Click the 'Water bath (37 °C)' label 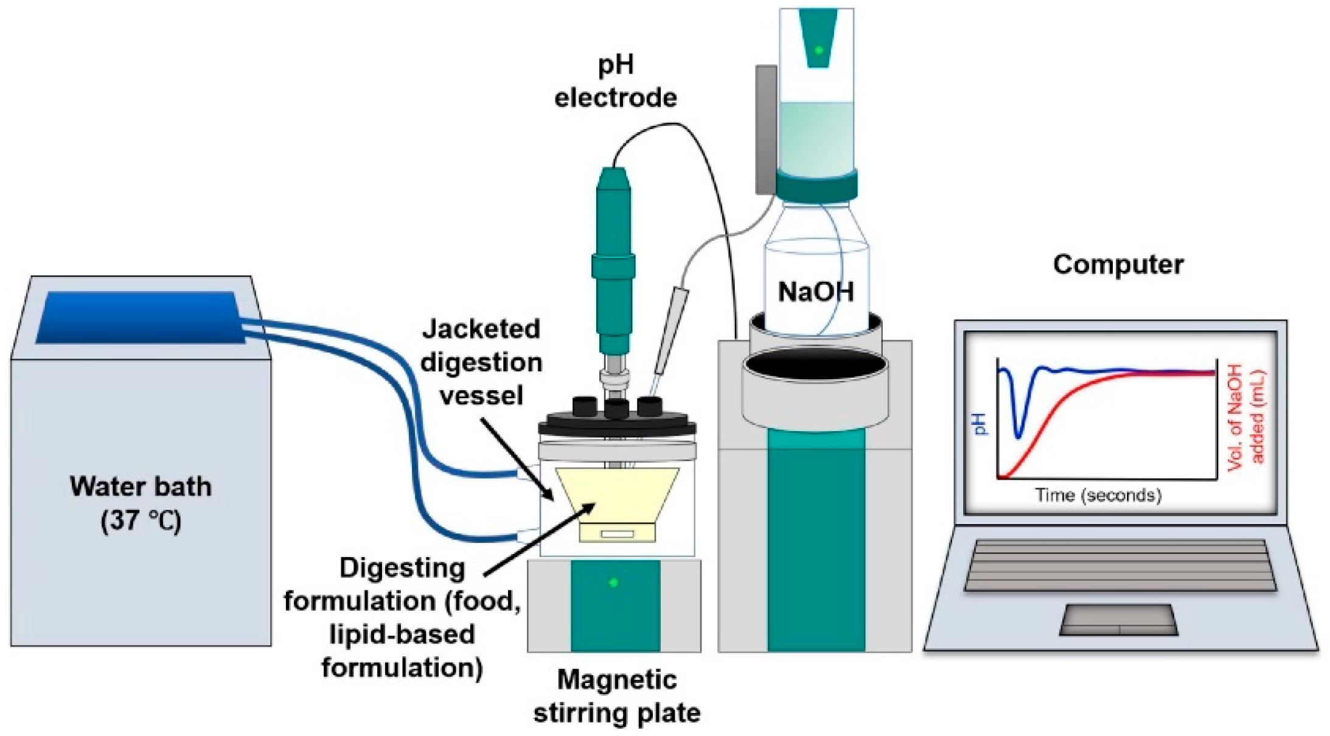(141, 503)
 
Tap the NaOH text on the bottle (815, 292)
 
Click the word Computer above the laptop (1118, 265)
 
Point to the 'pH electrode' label (616, 82)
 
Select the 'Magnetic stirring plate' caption (617, 696)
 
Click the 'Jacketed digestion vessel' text (481, 362)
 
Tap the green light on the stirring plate (613, 583)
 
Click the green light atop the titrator (819, 50)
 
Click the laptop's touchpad (1118, 620)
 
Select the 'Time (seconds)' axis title (1098, 495)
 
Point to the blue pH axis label (981, 424)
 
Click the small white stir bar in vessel (617, 534)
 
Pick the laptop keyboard (1119, 565)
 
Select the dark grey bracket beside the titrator (765, 130)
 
